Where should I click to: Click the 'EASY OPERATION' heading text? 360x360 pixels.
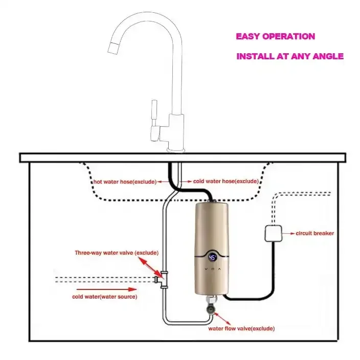tap(275, 37)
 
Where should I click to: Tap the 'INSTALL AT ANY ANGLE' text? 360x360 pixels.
tap(289, 56)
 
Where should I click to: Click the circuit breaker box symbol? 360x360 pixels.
tap(273, 234)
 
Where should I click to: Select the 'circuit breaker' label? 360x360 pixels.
tap(314, 233)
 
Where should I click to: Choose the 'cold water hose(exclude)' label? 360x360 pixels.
tap(226, 181)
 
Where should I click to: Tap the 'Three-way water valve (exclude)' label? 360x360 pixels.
tap(117, 253)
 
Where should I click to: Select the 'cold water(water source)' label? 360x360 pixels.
tap(105, 296)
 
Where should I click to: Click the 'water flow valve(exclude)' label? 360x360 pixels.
tap(241, 328)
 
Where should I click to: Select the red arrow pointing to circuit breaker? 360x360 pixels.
tap(288, 234)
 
